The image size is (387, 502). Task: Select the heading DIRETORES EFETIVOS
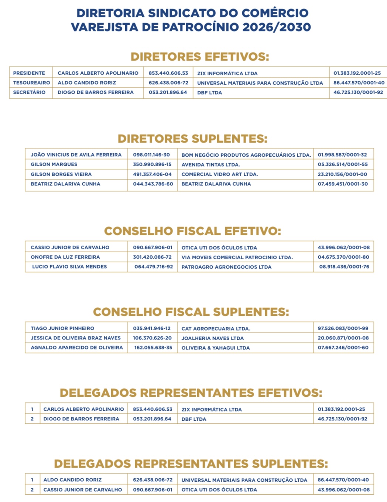click(200, 57)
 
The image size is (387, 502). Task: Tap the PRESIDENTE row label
click(29, 73)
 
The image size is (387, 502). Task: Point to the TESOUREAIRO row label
click(31, 83)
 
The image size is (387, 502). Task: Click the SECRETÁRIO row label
click(30, 92)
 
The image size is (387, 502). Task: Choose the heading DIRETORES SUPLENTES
click(192, 139)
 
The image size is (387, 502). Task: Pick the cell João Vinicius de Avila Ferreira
click(76, 155)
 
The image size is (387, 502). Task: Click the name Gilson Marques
click(54, 164)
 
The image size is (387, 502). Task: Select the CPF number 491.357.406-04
click(152, 174)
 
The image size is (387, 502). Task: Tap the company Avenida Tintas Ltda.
click(210, 165)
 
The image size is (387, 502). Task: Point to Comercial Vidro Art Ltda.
click(219, 174)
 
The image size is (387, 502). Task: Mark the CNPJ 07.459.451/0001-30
click(343, 184)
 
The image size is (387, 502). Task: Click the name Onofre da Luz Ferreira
click(65, 257)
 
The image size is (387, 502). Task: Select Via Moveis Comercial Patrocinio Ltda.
click(237, 257)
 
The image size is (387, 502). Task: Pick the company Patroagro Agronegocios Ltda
click(226, 267)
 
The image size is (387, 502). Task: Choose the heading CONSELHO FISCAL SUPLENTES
click(191, 312)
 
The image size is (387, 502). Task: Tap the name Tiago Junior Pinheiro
click(62, 328)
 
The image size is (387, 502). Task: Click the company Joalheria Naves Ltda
click(212, 338)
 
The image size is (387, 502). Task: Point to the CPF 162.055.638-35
click(153, 348)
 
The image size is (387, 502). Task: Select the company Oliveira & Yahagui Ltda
click(215, 348)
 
